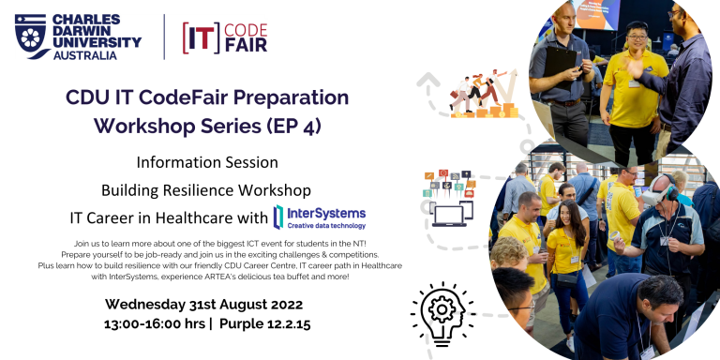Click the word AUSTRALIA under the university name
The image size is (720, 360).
click(x=84, y=56)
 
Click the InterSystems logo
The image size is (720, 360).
click(x=319, y=217)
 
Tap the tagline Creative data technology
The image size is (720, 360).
click(x=327, y=226)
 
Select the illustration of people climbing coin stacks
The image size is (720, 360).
click(x=481, y=97)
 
